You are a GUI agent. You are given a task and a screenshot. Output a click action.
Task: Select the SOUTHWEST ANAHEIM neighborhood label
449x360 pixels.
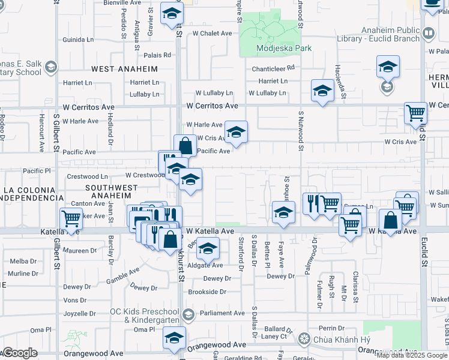[108, 191]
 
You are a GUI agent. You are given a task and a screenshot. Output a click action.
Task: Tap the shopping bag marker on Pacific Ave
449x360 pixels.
[185, 146]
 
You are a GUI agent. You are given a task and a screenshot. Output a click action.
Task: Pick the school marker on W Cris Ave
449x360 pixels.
[236, 133]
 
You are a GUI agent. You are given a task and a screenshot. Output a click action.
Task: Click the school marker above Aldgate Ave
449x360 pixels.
[208, 248]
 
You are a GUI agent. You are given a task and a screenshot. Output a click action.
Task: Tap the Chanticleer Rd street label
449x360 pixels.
[273, 68]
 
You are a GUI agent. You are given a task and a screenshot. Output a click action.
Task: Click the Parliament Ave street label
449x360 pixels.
[222, 313]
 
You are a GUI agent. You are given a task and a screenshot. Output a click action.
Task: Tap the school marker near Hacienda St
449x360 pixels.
[322, 91]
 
